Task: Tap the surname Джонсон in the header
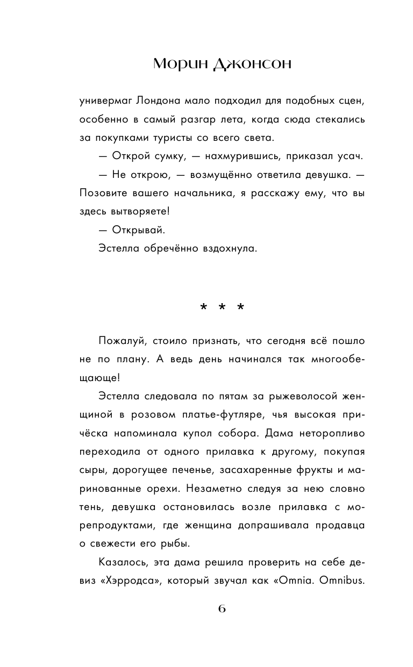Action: [x=252, y=64]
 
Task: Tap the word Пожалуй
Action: [x=122, y=341]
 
